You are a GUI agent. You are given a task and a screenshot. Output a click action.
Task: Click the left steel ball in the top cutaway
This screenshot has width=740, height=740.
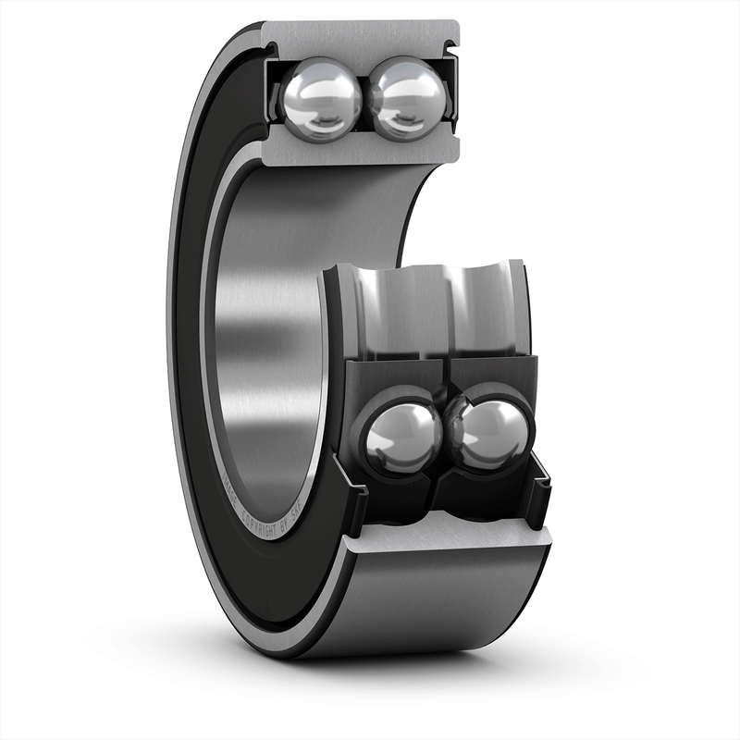[321, 97]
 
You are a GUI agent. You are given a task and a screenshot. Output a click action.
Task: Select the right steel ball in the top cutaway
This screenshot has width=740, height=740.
[408, 96]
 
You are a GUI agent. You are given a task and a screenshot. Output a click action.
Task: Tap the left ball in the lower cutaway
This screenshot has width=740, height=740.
[404, 436]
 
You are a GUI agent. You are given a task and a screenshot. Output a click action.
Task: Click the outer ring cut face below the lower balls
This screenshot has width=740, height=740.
[444, 536]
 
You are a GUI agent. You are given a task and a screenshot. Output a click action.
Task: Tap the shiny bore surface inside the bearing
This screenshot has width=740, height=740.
[268, 324]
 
